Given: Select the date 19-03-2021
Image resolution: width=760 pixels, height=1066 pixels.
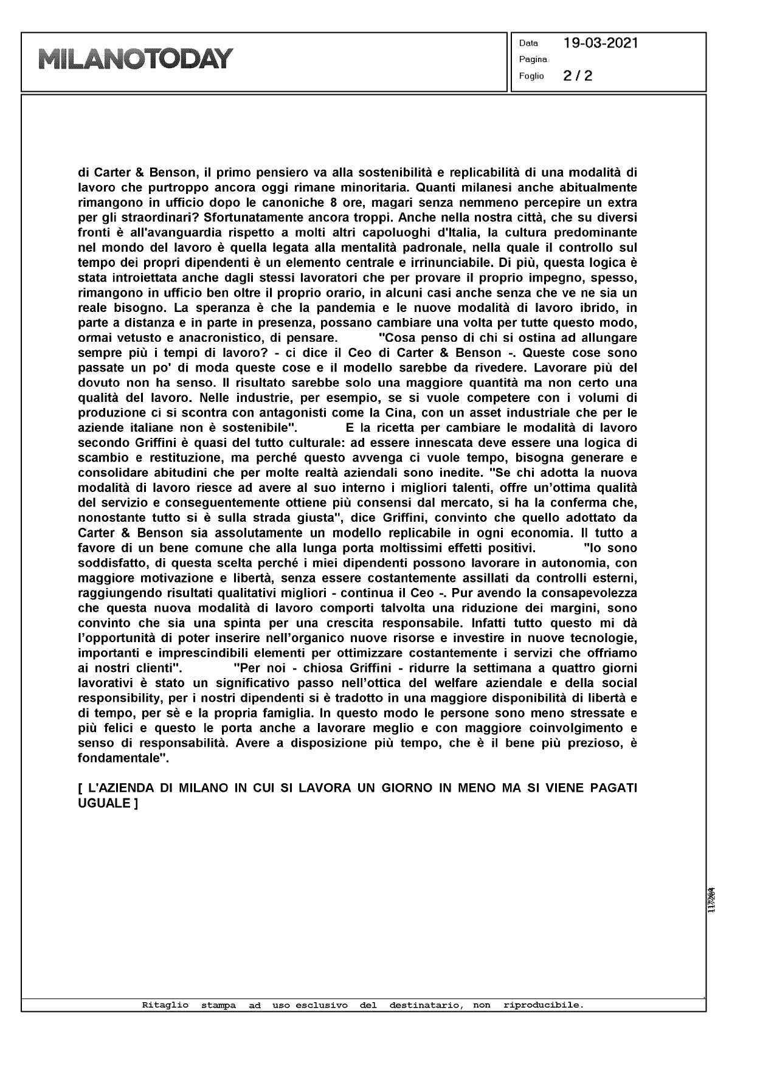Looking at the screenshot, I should [600, 43].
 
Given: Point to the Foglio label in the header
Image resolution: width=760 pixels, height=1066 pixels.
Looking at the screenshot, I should [531, 77].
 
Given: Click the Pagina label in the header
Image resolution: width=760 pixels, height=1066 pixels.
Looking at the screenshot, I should [533, 60].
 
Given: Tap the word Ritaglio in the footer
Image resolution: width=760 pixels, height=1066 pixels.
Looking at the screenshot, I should [165, 1005].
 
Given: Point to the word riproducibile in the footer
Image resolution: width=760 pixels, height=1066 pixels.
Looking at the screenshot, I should [543, 1005].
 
